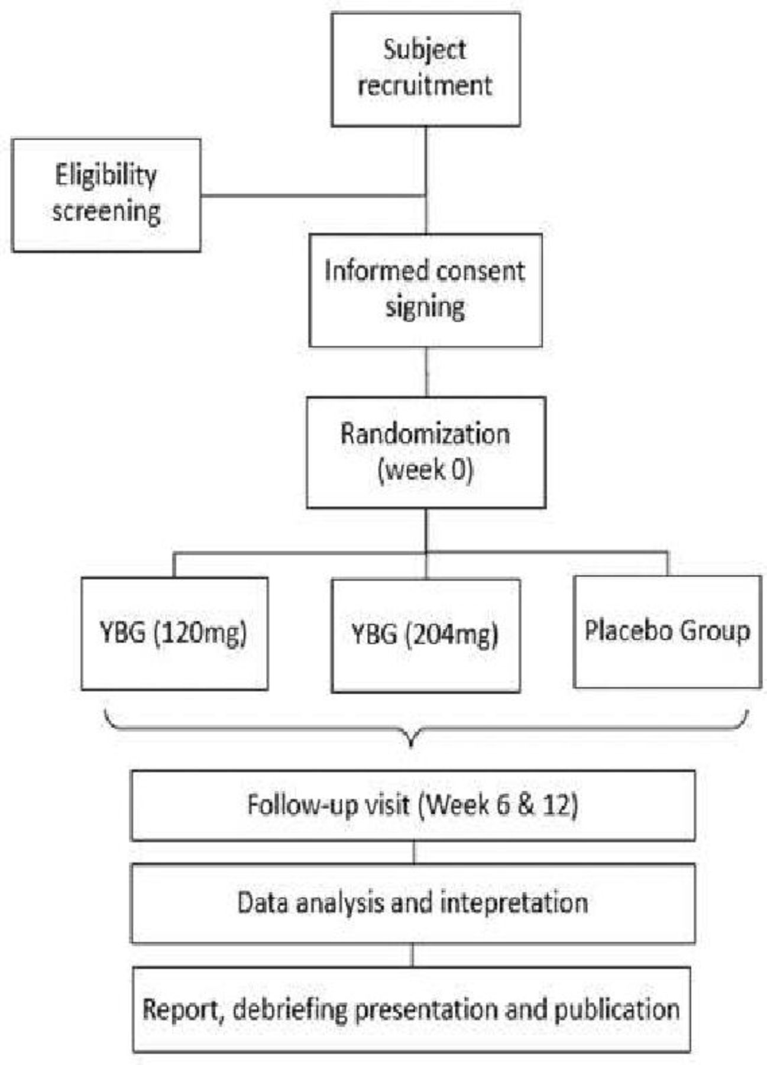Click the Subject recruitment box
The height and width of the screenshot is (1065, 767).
point(426,70)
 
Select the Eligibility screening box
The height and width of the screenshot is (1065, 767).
point(106,195)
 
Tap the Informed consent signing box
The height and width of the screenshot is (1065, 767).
point(426,290)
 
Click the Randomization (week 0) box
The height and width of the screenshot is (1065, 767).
point(426,453)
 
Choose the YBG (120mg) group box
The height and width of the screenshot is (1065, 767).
point(174,634)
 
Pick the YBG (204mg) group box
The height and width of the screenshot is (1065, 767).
point(426,635)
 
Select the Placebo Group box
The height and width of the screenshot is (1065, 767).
point(668,632)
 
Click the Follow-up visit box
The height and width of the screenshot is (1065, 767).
point(413,805)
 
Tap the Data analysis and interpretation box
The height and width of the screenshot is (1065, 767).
point(413,903)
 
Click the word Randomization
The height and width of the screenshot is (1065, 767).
point(425,434)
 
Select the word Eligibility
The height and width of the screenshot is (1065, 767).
point(106,176)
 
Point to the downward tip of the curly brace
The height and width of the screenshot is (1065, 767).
point(412,747)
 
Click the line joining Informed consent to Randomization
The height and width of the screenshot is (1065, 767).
point(426,372)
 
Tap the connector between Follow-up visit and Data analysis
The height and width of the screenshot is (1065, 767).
point(414,853)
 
